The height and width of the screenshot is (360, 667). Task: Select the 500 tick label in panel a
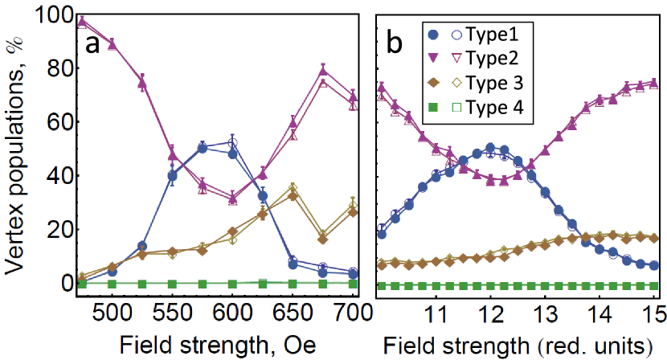[x=112, y=313]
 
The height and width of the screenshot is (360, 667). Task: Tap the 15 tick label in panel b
[x=653, y=313]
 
